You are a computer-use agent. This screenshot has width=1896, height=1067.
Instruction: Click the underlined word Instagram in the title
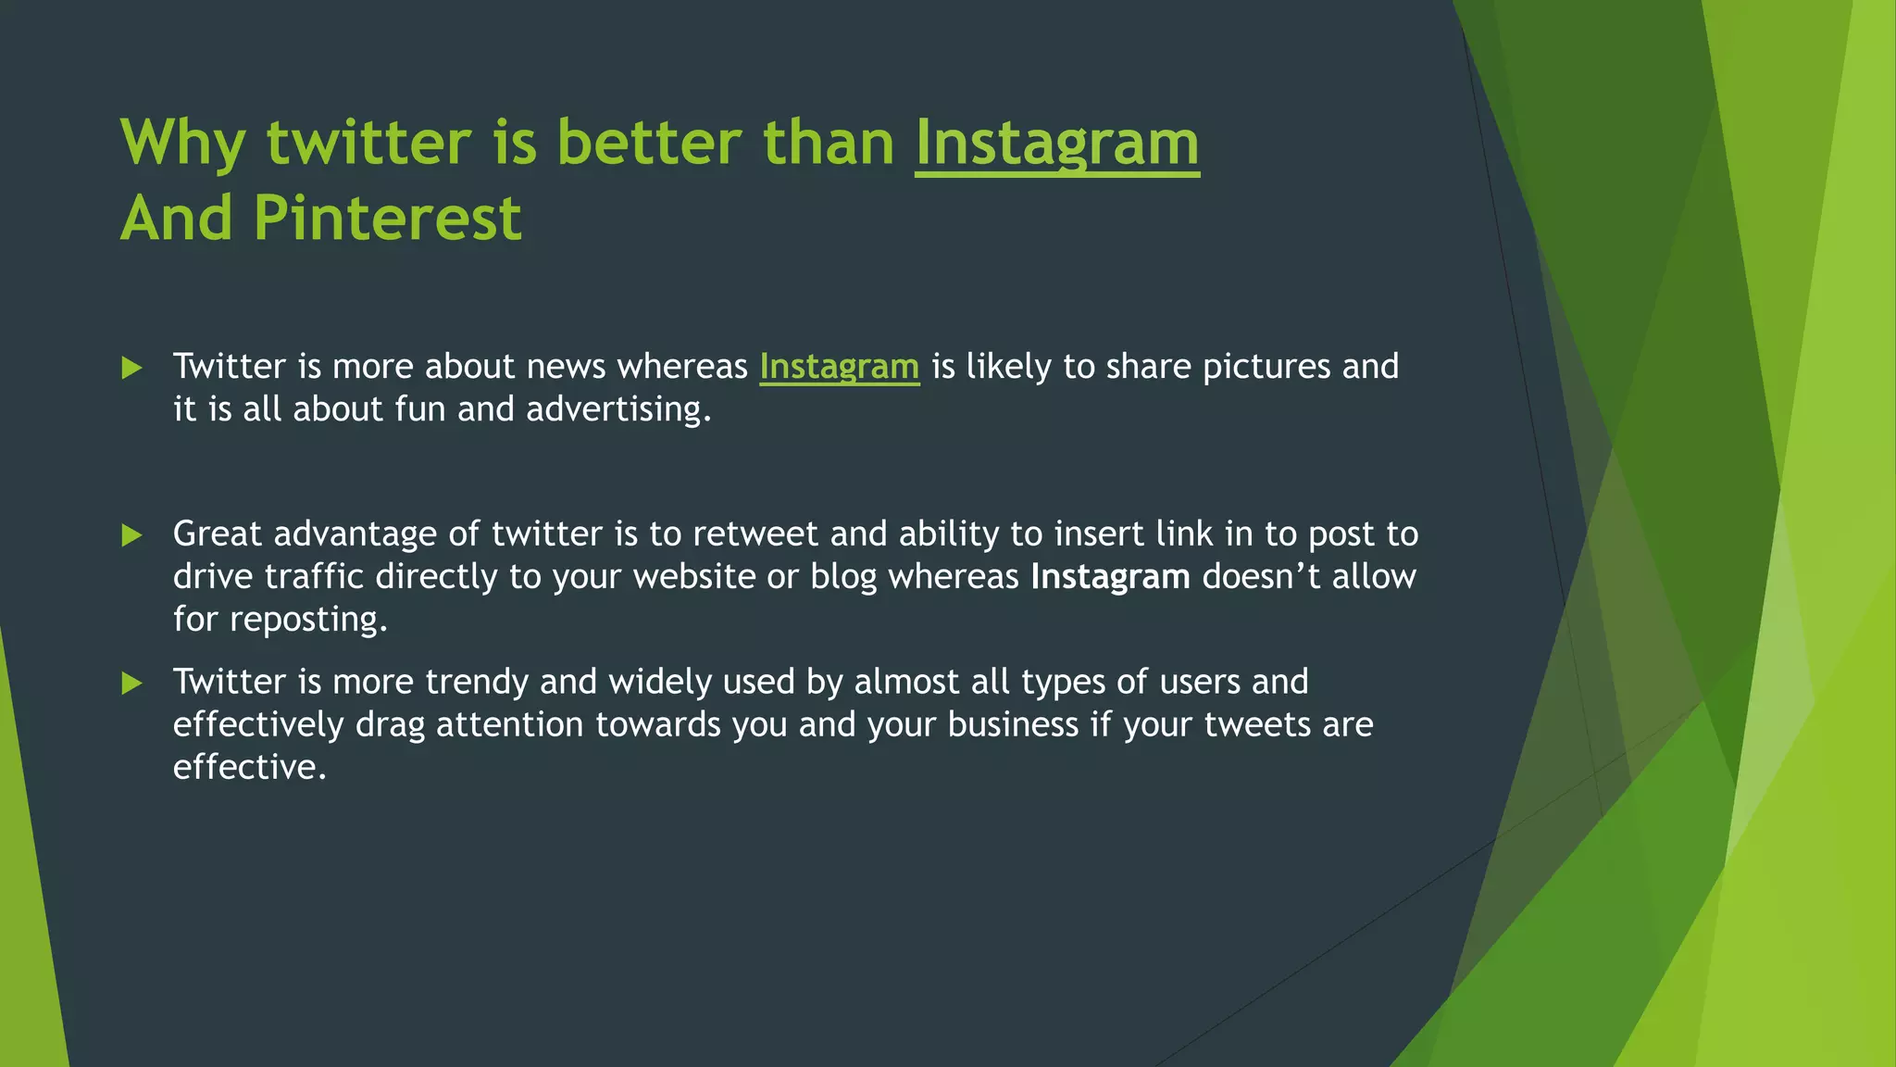[x=1056, y=144]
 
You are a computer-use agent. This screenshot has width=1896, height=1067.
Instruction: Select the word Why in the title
[x=182, y=144]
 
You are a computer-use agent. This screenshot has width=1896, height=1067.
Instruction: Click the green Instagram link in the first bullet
[x=839, y=367]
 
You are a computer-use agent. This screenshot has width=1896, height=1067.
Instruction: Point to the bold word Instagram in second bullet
[x=1110, y=577]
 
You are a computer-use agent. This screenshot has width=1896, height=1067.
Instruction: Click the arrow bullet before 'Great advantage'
[x=131, y=535]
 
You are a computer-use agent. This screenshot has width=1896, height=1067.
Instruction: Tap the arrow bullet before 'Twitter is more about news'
[x=131, y=369]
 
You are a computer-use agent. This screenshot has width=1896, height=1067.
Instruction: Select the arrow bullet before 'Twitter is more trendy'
[x=131, y=684]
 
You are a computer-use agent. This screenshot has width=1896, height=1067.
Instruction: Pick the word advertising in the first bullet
[x=617, y=409]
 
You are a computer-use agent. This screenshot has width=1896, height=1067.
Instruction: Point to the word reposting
[x=307, y=620]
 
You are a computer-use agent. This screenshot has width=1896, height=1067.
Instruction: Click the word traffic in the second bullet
[x=314, y=577]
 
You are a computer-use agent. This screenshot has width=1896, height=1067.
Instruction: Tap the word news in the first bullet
[x=565, y=367]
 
